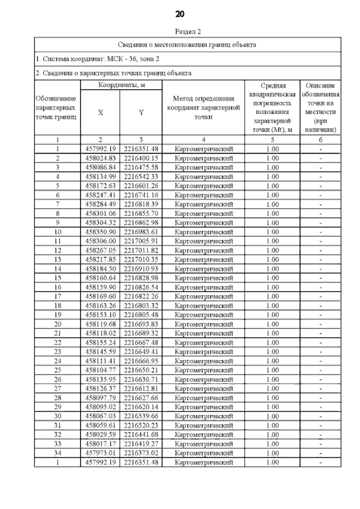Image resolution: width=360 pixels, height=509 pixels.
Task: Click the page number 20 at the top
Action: [x=180, y=13]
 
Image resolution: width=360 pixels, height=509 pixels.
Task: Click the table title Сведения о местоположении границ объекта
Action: [x=188, y=44]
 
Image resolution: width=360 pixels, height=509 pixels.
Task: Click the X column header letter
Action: [x=101, y=112]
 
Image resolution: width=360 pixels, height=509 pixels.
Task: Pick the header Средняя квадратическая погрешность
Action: [x=272, y=107]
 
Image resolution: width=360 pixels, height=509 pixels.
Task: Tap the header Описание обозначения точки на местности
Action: [x=320, y=107]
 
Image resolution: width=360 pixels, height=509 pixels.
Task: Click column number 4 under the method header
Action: [x=204, y=139]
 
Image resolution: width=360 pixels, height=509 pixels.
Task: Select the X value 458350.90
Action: [x=101, y=231]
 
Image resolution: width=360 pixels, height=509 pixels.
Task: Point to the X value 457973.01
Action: [x=101, y=453]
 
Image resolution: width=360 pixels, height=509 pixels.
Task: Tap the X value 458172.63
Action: [x=101, y=186]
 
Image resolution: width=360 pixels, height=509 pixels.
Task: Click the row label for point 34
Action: [x=57, y=453]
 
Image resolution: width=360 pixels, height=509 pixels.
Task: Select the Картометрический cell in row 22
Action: [x=204, y=342]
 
